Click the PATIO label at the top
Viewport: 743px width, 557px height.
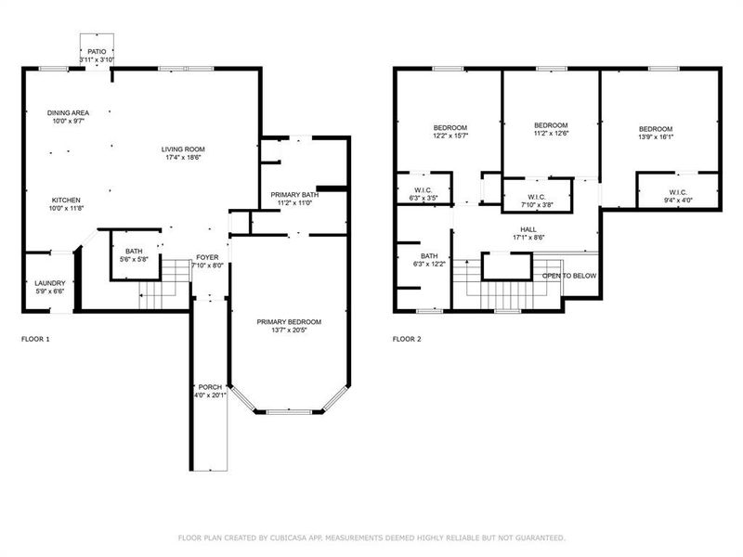(98, 51)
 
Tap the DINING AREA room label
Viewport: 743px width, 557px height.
(69, 112)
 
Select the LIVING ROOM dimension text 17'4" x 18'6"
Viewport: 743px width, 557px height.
(183, 157)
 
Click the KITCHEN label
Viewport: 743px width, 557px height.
(66, 201)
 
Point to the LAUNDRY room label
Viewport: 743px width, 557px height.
(49, 283)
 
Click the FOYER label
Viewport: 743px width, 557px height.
(207, 257)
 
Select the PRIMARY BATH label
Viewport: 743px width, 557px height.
(295, 194)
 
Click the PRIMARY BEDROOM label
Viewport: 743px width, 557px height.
(289, 321)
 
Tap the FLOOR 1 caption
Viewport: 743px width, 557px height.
(35, 339)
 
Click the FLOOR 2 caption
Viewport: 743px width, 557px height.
(407, 339)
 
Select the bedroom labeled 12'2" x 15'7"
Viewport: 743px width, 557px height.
(450, 127)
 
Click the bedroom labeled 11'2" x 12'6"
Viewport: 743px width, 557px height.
(551, 124)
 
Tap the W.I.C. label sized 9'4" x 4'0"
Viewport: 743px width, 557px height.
(677, 192)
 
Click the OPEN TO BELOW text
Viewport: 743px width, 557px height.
(570, 276)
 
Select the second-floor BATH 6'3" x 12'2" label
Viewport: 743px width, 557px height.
(429, 256)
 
